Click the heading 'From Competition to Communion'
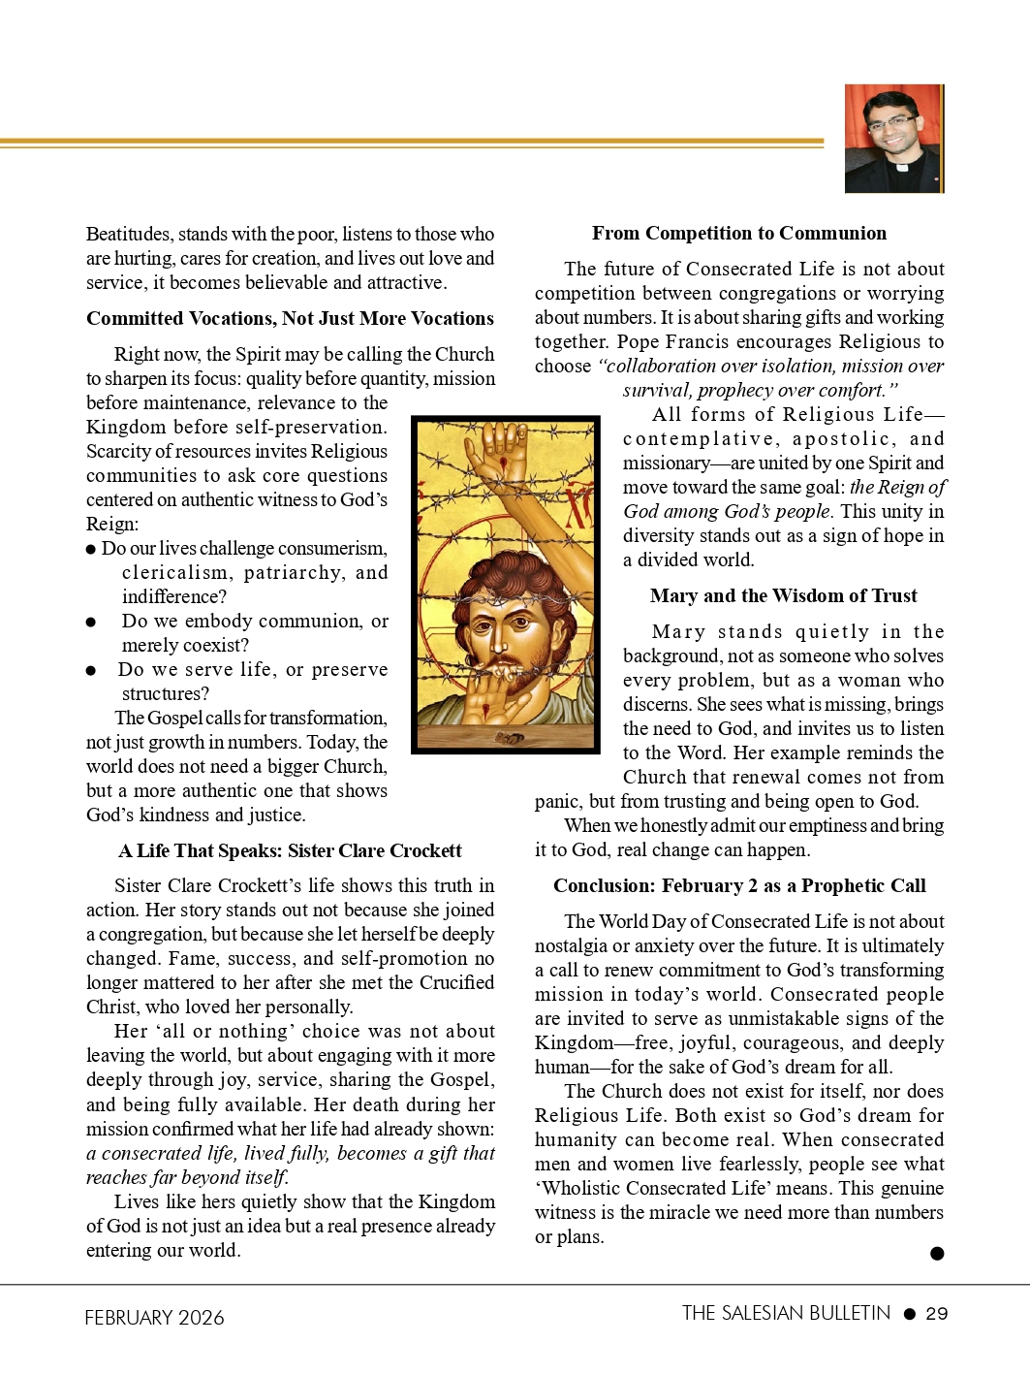pos(738,233)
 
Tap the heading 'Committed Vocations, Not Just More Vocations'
pos(290,318)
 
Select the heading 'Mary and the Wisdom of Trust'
pos(783,595)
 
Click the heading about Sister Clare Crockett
pos(290,850)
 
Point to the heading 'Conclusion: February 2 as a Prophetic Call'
pos(739,885)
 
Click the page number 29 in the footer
pos(937,1314)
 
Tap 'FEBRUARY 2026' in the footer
pos(154,1317)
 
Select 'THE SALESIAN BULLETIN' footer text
pos(785,1313)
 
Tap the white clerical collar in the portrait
pos(901,167)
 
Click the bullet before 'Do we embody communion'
pos(91,622)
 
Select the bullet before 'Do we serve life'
pos(91,670)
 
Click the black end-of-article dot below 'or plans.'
pos(937,1254)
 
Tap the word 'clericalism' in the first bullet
pos(177,572)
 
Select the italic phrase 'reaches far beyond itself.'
pos(187,1177)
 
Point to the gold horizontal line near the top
pos(412,143)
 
